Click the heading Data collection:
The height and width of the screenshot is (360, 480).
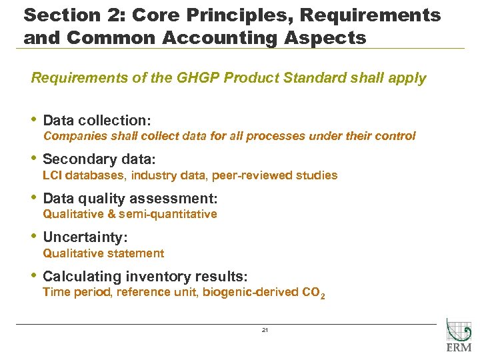click(x=97, y=121)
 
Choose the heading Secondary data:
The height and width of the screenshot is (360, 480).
click(x=99, y=160)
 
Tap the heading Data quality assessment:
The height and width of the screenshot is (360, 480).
click(x=130, y=199)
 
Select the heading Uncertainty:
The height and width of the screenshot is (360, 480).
click(x=85, y=237)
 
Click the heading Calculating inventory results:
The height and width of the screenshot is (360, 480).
click(x=145, y=276)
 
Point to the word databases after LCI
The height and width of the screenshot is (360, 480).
click(x=95, y=175)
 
